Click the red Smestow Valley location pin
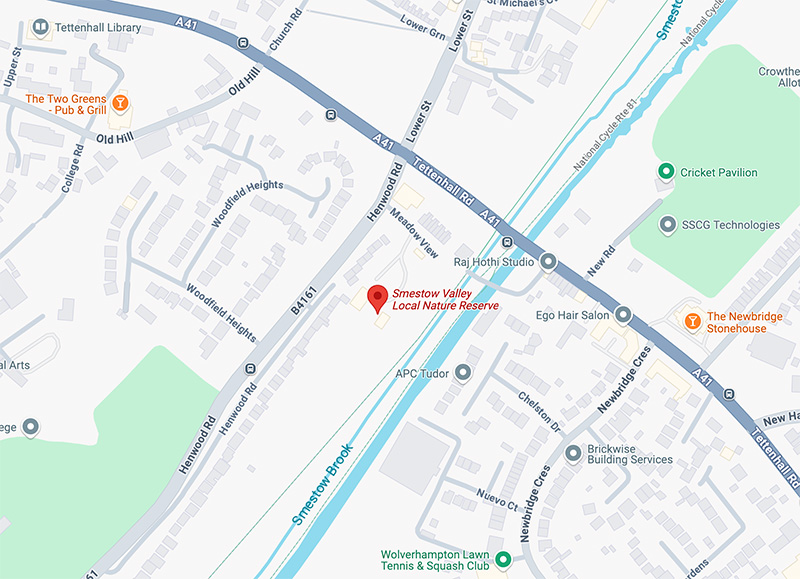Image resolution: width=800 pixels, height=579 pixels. pos(377,297)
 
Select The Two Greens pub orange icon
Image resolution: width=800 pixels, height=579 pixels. pos(120,100)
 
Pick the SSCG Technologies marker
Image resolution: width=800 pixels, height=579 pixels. pos(667,225)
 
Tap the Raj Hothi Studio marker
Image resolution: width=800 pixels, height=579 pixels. pos(548,262)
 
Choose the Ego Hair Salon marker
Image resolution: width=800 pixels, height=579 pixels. pos(623,315)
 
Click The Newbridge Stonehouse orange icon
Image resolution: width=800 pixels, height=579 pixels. pos(690,320)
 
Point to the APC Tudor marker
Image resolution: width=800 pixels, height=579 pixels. pos(462,373)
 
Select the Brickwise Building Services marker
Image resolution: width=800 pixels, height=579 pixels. pos(573,453)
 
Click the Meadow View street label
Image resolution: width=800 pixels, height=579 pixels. pos(414,232)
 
